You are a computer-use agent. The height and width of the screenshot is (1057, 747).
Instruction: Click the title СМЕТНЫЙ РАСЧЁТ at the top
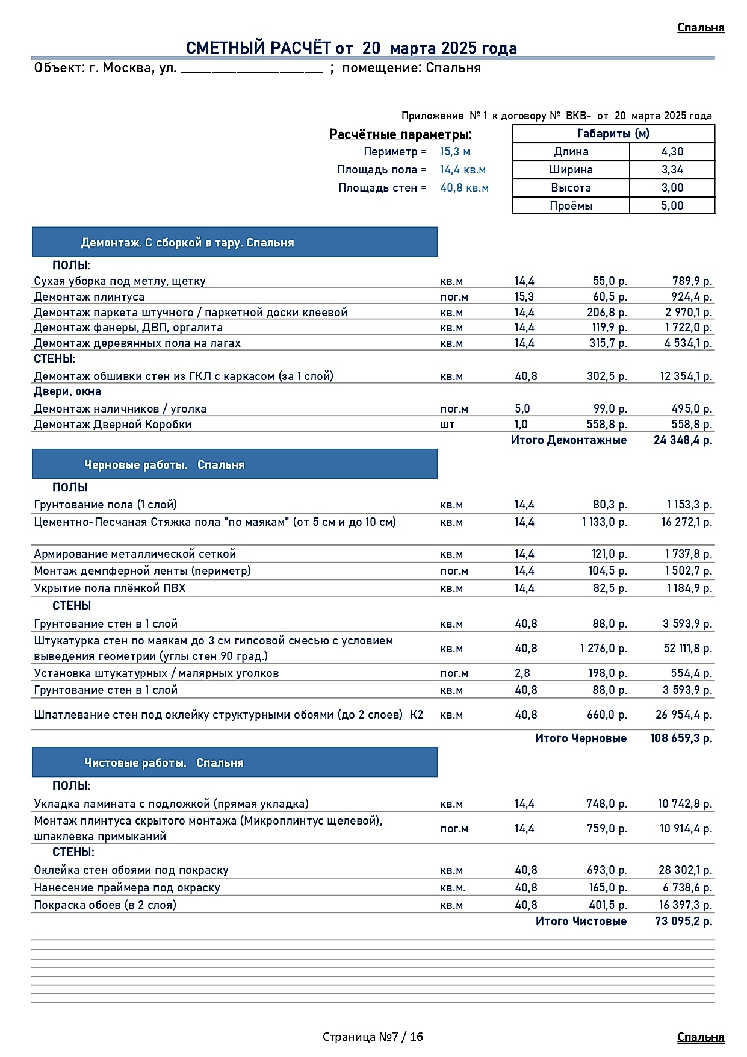[351, 48]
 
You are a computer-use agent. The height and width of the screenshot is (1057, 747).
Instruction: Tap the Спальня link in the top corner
[700, 28]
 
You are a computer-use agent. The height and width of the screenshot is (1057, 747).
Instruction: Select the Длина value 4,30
[672, 152]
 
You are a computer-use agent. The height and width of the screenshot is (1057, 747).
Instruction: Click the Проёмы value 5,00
[672, 206]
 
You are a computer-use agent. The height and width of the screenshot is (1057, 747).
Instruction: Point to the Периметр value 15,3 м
[454, 152]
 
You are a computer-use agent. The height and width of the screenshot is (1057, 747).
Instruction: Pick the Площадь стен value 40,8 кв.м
[464, 188]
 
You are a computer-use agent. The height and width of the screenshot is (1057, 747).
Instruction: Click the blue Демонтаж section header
[234, 243]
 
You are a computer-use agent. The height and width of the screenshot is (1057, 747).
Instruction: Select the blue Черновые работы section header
[234, 464]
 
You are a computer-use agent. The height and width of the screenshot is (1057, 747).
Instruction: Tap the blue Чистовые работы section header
[234, 762]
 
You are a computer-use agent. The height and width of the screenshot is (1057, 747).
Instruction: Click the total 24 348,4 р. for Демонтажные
[683, 440]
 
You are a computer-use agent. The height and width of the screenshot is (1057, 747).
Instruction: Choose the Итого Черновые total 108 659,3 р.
[681, 738]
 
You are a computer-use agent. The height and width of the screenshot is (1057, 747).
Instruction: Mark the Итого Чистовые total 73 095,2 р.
[683, 921]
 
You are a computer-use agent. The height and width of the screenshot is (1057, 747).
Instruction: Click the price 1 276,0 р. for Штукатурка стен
[603, 649]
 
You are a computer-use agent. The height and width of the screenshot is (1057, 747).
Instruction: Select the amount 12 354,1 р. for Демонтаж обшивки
[686, 376]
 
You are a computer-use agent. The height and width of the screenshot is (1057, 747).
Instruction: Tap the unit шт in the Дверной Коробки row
[447, 425]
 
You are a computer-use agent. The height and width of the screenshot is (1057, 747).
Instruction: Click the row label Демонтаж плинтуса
[89, 297]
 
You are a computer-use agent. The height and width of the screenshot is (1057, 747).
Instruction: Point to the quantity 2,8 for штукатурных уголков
[522, 673]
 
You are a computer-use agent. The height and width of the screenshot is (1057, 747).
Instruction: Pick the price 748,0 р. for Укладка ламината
[606, 804]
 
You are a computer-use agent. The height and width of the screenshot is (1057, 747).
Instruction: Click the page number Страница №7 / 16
[373, 1037]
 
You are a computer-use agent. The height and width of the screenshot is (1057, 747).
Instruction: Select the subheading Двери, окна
[67, 392]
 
